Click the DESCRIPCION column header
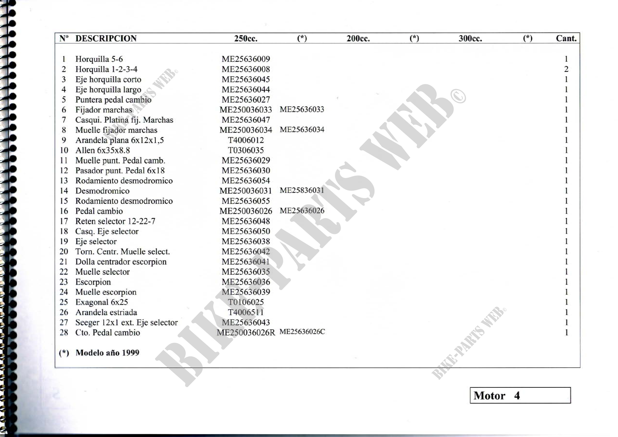[106, 39]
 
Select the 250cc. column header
[245, 39]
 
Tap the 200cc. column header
[358, 39]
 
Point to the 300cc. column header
[470, 39]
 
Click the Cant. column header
[566, 39]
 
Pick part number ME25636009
[245, 59]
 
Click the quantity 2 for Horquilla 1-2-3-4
[566, 69]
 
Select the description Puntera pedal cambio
[113, 100]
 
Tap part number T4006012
[245, 140]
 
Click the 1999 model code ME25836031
[302, 190]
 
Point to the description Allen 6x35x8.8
[103, 150]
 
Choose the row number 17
[64, 221]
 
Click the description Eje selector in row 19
[96, 242]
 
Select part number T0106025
[245, 302]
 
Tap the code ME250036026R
[246, 333]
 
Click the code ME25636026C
[302, 332]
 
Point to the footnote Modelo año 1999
[107, 353]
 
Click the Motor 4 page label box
[520, 395]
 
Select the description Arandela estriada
[106, 312]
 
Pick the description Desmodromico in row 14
[102, 191]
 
